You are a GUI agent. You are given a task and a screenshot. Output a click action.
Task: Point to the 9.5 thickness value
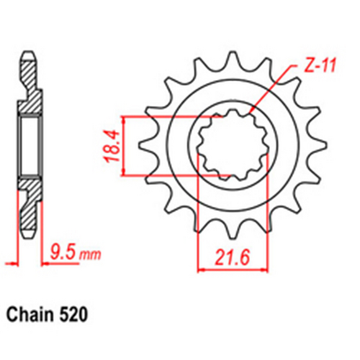tap(63, 253)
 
